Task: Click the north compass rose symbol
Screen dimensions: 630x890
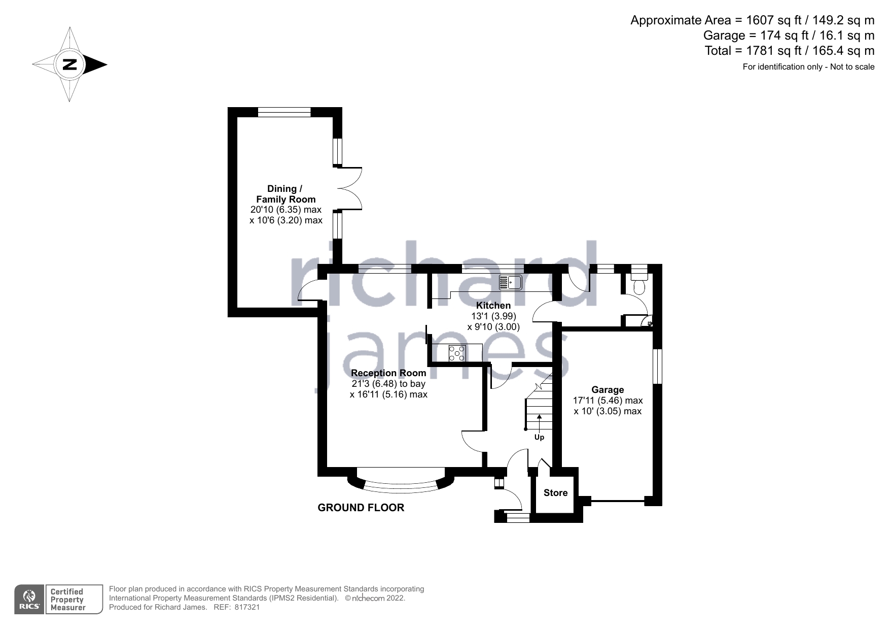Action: (69, 64)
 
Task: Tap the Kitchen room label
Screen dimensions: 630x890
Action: (493, 306)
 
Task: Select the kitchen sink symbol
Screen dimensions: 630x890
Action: (510, 282)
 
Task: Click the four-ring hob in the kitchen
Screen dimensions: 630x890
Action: (457, 352)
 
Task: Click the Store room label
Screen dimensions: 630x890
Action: (555, 493)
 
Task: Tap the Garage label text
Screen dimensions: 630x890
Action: (608, 390)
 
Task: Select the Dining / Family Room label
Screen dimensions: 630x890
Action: (286, 194)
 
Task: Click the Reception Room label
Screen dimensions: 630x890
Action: (388, 373)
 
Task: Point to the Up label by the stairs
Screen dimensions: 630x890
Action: (539, 437)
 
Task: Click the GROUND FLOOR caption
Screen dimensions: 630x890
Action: (361, 508)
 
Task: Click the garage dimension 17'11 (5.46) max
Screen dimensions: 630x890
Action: (608, 401)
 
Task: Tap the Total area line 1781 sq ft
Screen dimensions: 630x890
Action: (789, 51)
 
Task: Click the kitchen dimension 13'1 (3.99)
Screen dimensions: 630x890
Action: (493, 316)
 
